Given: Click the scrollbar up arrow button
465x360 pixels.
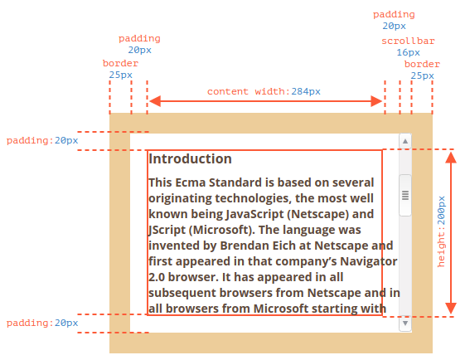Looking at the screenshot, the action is pyautogui.click(x=405, y=141).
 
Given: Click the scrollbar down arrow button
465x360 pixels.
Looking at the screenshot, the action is pyautogui.click(x=405, y=323).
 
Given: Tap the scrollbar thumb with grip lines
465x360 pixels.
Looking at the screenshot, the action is pyautogui.click(x=405, y=195).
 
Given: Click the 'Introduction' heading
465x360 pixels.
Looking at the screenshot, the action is pyautogui.click(x=190, y=158).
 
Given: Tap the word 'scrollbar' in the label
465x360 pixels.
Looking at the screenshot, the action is pyautogui.click(x=408, y=41).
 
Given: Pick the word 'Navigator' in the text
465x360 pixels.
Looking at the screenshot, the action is pyautogui.click(x=368, y=262).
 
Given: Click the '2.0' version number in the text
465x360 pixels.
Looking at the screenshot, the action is pyautogui.click(x=157, y=277).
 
